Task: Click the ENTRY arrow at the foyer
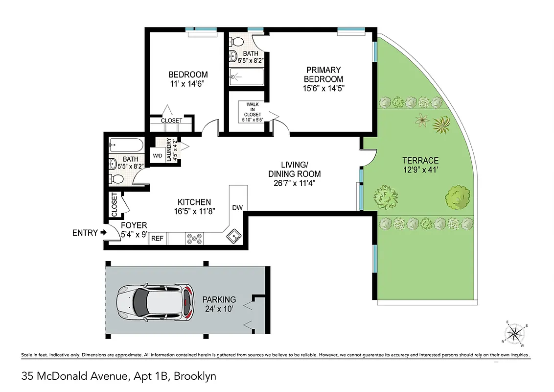click(x=103, y=233)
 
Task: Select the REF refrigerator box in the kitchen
click(x=157, y=239)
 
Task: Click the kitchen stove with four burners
click(x=195, y=239)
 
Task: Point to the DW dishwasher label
click(x=237, y=207)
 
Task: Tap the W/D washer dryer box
click(x=158, y=156)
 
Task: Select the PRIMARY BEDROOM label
click(x=323, y=74)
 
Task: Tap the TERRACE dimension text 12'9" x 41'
click(x=420, y=170)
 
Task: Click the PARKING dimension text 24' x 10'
click(x=219, y=309)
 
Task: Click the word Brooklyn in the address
click(x=195, y=376)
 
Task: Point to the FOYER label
click(x=134, y=225)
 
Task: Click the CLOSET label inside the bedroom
click(x=171, y=121)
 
